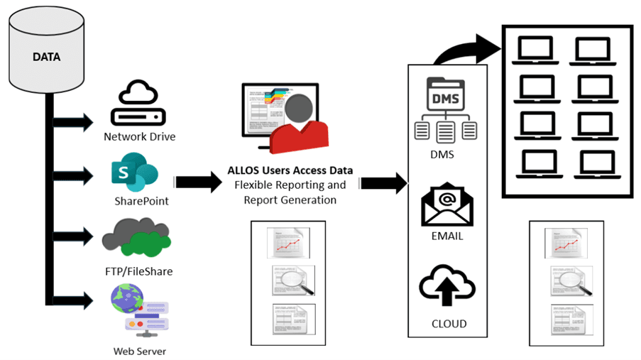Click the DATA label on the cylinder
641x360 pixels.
tap(46, 56)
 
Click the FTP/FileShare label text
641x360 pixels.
tap(138, 271)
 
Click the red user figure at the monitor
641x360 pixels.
tap(304, 125)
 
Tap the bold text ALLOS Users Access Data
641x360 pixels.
tap(290, 170)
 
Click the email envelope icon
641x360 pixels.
tap(446, 205)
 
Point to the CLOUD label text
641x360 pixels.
tap(449, 324)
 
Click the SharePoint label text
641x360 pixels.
tap(142, 201)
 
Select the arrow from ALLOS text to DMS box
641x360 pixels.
tap(384, 183)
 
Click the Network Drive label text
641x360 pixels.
tap(139, 137)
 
